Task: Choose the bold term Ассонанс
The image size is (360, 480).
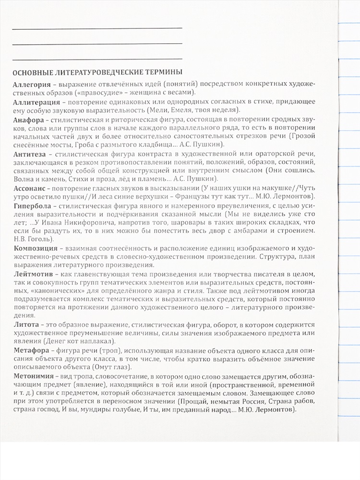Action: tap(30, 189)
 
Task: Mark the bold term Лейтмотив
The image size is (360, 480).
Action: tap(32, 274)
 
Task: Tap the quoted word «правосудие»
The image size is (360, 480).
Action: tap(100, 93)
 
